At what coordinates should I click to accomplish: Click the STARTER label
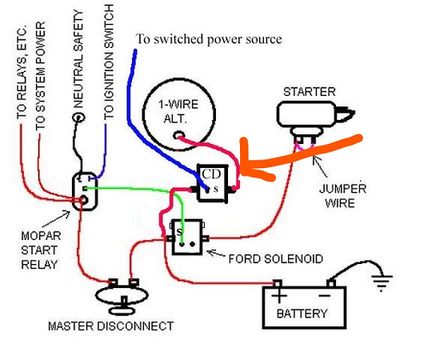310,92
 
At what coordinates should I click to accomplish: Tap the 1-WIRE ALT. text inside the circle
178,111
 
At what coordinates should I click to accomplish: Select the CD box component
213,183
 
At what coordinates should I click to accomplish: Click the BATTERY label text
302,314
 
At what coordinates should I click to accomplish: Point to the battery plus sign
279,296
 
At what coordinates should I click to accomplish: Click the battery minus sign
325,296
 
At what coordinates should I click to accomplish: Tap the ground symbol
382,282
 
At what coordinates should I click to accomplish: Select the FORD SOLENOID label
275,259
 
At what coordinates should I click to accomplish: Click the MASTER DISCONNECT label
110,326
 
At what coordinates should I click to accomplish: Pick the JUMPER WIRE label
342,195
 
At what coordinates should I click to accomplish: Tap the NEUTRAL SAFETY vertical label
78,59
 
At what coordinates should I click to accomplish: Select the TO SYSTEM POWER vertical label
40,76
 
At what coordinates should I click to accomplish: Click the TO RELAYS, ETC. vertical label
22,72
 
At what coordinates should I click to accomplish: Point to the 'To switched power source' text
209,39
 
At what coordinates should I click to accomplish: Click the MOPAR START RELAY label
41,250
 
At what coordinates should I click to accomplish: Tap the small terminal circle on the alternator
179,135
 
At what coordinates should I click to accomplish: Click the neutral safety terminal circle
78,118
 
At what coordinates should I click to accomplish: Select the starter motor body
306,114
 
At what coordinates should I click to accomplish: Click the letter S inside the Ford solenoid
180,232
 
